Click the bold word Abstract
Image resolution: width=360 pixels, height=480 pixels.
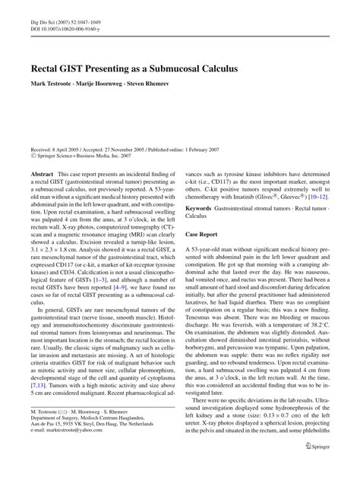pos(41,174)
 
